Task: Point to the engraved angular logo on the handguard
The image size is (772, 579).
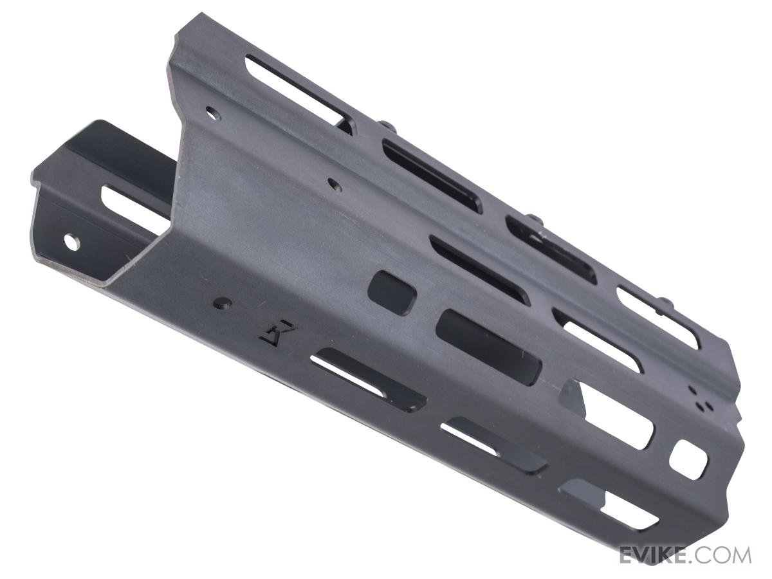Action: click(x=277, y=334)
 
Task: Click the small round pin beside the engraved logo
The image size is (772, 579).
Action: click(x=223, y=302)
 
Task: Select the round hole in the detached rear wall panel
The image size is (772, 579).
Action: click(x=72, y=243)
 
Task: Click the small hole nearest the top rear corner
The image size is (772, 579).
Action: click(x=212, y=113)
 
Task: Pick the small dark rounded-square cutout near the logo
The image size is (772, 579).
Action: click(x=392, y=292)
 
